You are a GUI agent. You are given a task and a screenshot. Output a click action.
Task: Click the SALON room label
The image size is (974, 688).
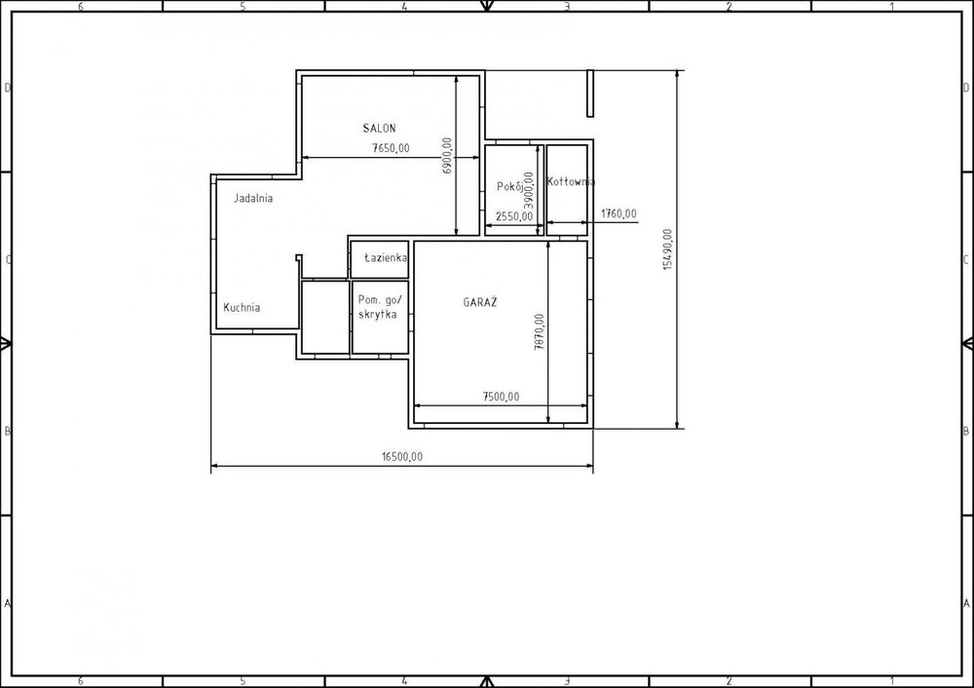[x=379, y=128]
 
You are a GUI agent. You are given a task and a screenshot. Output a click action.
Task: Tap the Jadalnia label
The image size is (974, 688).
[x=253, y=198]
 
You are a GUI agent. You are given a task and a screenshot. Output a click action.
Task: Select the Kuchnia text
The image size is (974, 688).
[x=242, y=307]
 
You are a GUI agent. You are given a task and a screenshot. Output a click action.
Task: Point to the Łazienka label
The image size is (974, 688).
[x=386, y=257]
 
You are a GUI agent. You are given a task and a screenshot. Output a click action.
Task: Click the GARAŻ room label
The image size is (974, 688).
[x=480, y=302]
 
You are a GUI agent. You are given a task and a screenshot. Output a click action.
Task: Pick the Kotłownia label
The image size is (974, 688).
[x=571, y=181]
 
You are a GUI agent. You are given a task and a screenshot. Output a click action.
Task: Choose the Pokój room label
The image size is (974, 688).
[x=509, y=186]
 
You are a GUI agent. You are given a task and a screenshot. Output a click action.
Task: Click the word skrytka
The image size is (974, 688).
[x=378, y=315]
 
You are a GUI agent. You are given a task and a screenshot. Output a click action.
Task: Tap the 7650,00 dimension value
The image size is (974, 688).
[x=391, y=148]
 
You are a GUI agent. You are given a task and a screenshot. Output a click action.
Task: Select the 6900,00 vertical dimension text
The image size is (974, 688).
[x=447, y=155]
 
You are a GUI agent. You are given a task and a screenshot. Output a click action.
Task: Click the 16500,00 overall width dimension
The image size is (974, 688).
[x=402, y=456]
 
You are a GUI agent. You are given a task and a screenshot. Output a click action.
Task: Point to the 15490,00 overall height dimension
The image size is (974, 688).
[x=668, y=249]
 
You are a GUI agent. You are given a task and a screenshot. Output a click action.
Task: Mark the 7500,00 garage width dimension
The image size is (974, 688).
[x=501, y=397]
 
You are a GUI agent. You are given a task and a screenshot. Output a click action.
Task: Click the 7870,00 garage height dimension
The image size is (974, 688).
[x=540, y=331]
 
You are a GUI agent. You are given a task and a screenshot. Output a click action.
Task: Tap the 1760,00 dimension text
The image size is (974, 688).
[x=618, y=213]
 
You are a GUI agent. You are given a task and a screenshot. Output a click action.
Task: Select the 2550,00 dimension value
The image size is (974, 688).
[x=514, y=216]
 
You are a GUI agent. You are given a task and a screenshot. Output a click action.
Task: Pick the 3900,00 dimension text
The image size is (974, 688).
[x=529, y=190]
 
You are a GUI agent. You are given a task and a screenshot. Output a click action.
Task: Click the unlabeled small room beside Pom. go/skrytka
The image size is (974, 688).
[x=325, y=318]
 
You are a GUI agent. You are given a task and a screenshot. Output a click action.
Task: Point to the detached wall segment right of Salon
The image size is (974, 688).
[x=590, y=94]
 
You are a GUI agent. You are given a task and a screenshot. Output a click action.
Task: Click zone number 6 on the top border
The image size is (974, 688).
[x=80, y=6]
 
